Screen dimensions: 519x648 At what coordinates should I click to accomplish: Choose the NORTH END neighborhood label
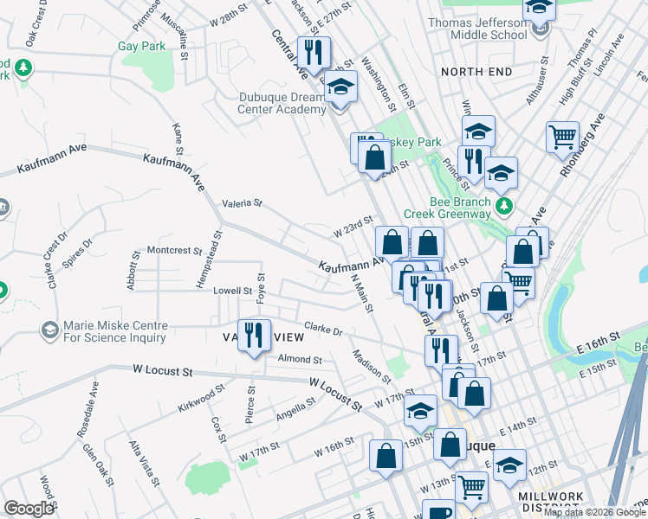click(x=476, y=71)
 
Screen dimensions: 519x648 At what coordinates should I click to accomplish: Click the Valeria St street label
click(x=242, y=202)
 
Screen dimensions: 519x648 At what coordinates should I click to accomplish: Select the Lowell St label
click(x=232, y=291)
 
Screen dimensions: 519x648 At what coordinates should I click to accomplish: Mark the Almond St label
click(x=299, y=359)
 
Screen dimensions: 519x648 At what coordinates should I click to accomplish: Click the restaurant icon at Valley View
click(x=253, y=334)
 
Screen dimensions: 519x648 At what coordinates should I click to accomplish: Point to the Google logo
click(x=29, y=509)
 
